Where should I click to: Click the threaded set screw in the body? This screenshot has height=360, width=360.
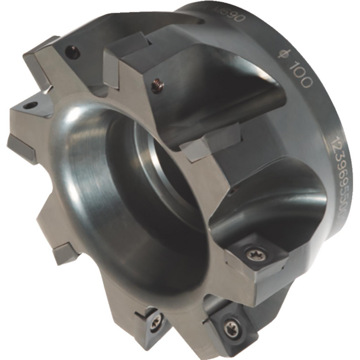click(x=157, y=86)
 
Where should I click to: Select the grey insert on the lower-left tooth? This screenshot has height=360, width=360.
click(x=65, y=253)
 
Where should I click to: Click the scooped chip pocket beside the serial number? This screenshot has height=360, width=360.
click(x=281, y=205)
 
